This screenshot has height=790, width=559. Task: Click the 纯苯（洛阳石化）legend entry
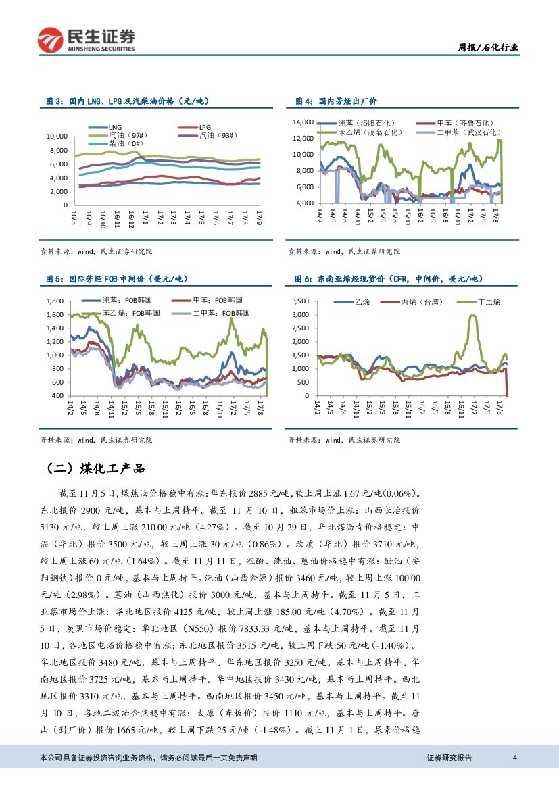[366, 123]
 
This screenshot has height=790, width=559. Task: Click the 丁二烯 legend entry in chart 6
[487, 302]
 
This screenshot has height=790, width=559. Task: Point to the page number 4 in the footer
[515, 758]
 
